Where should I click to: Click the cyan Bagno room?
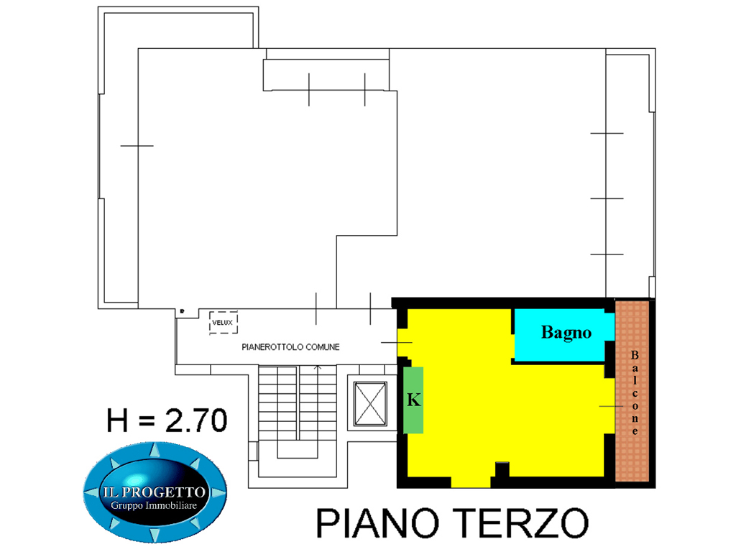click(564, 334)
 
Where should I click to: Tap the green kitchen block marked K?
click(413, 400)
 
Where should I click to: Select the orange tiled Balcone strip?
click(632, 391)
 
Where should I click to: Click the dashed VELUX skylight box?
click(224, 323)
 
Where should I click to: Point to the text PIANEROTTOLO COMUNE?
click(290, 347)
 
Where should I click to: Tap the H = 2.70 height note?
click(167, 420)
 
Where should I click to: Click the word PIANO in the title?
click(377, 523)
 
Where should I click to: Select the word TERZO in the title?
click(521, 523)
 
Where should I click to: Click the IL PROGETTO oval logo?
click(155, 492)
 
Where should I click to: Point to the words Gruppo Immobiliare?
click(154, 505)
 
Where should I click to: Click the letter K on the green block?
click(413, 400)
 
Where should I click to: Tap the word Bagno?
click(566, 333)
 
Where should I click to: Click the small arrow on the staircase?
click(318, 367)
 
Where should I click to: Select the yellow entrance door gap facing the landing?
click(402, 343)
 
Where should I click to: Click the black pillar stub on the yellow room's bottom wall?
click(502, 469)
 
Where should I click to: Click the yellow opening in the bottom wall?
click(471, 482)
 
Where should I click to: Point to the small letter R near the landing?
click(182, 311)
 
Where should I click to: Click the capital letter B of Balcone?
click(635, 355)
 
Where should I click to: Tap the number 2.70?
click(197, 420)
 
